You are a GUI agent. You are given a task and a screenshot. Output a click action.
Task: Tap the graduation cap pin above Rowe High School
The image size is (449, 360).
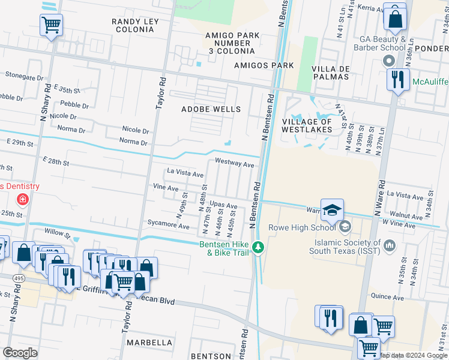(x=332, y=210)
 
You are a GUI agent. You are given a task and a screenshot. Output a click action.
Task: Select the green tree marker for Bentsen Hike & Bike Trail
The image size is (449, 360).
(x=258, y=247)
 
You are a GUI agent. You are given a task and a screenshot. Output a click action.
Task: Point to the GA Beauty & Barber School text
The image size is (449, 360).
(x=382, y=43)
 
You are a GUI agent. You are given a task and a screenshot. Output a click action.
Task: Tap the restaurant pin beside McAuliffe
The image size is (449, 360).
(x=398, y=80)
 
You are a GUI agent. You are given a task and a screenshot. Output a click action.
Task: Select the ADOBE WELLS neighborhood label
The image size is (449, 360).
(x=211, y=109)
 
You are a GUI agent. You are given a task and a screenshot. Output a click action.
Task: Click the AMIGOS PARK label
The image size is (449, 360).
(x=264, y=65)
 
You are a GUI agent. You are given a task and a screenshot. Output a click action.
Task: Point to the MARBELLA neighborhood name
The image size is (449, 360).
(x=149, y=342)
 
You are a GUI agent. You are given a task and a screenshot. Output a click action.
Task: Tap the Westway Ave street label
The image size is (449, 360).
(x=234, y=164)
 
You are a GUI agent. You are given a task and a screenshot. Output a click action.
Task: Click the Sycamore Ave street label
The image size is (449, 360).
(x=169, y=224)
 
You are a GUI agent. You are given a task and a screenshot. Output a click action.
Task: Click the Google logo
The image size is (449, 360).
(x=20, y=352)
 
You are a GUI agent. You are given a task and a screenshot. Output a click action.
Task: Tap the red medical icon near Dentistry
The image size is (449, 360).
(x=22, y=199)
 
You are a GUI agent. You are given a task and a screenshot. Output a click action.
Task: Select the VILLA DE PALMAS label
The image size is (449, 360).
(x=331, y=73)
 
